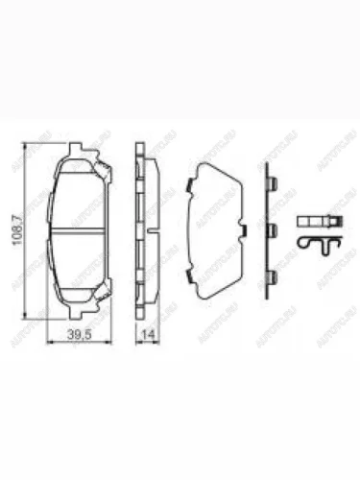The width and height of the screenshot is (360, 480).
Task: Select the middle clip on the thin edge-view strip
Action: click(x=271, y=229)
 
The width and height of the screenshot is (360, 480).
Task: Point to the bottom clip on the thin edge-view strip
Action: click(x=271, y=276)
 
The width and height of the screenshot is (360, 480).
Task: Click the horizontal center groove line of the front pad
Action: click(x=81, y=232)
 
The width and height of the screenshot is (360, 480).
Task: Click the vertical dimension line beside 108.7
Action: click(x=26, y=230)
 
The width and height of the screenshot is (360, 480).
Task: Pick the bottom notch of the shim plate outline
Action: click(x=217, y=293)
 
